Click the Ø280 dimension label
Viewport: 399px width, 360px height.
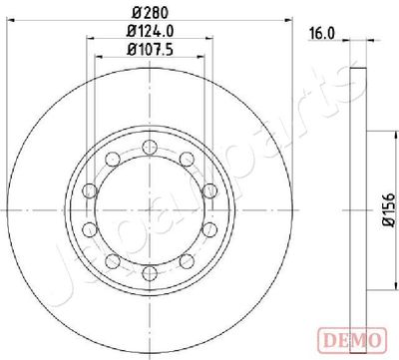tap(151, 13)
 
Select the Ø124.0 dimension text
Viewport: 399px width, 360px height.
tap(151, 31)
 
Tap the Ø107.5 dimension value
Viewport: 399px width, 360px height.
tap(151, 50)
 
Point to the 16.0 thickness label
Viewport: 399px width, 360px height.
tap(322, 34)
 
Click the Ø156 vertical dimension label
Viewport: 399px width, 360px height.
tap(388, 210)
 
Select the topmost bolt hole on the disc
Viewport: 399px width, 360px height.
tap(150, 148)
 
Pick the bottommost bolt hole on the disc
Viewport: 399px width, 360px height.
tap(150, 273)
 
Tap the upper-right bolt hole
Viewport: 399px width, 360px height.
tap(187, 159)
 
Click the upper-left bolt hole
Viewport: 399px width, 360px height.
tap(113, 159)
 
